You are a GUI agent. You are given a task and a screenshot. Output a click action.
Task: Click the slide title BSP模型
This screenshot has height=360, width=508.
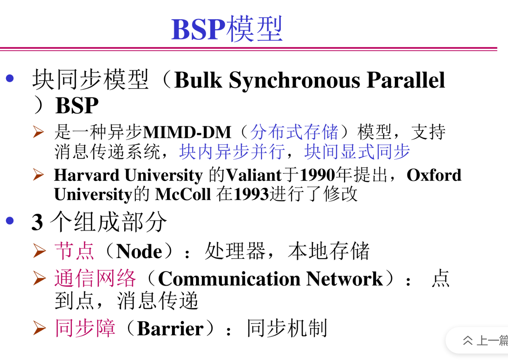pyautogui.click(x=227, y=29)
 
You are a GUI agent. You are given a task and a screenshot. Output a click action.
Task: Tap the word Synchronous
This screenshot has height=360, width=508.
pyautogui.click(x=295, y=81)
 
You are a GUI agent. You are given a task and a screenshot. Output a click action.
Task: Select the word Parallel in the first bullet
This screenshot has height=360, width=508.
pyautogui.click(x=406, y=79)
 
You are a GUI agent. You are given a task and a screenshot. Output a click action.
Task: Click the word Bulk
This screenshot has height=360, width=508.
pyautogui.click(x=198, y=79)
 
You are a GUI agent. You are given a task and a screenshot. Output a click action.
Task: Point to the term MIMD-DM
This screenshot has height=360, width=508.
pyautogui.click(x=187, y=132)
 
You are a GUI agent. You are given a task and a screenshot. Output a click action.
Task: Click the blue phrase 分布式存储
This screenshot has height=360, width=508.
pyautogui.click(x=294, y=132)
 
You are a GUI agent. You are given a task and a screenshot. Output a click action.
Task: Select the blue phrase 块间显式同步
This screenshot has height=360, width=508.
pyautogui.click(x=357, y=151)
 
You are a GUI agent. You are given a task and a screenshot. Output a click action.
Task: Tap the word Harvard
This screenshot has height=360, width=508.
pyautogui.click(x=87, y=175)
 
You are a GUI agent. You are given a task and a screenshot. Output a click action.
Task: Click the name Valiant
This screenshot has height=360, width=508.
pyautogui.click(x=254, y=175)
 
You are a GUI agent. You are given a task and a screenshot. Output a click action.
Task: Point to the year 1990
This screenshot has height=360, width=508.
pyautogui.click(x=317, y=175)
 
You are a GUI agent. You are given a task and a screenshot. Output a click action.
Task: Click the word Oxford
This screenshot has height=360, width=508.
pyautogui.click(x=434, y=175)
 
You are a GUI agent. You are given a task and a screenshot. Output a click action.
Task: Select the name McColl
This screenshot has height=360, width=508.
pyautogui.click(x=183, y=194)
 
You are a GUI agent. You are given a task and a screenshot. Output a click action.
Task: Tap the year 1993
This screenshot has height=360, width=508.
pyautogui.click(x=251, y=194)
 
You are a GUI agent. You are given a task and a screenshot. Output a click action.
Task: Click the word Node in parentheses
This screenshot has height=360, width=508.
pyautogui.click(x=139, y=251)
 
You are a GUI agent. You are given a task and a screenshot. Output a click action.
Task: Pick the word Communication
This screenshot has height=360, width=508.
pyautogui.click(x=229, y=279)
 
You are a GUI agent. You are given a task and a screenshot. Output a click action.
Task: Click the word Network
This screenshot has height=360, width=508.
pyautogui.click(x=344, y=279)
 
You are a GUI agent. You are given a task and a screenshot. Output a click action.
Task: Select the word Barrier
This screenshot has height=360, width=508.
pyautogui.click(x=170, y=329)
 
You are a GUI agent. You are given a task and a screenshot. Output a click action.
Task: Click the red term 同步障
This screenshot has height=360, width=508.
pyautogui.click(x=85, y=328)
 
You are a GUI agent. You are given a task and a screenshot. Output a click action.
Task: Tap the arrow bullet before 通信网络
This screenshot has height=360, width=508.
pyautogui.click(x=39, y=278)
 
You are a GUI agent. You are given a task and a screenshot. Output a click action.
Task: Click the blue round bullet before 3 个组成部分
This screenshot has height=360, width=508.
pyautogui.click(x=10, y=221)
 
